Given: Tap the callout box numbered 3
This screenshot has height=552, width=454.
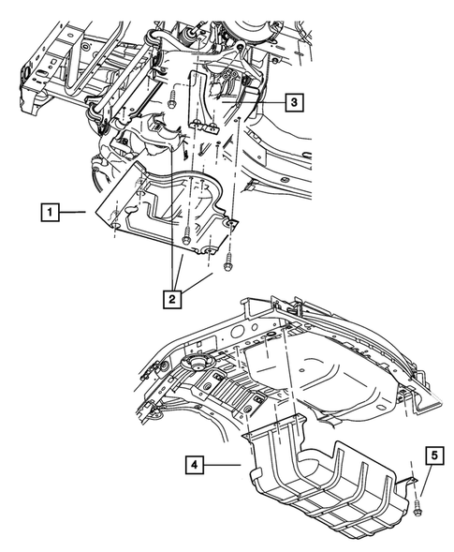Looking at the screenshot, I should click(293, 101).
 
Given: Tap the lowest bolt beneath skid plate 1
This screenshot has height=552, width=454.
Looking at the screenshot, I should click(227, 265).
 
